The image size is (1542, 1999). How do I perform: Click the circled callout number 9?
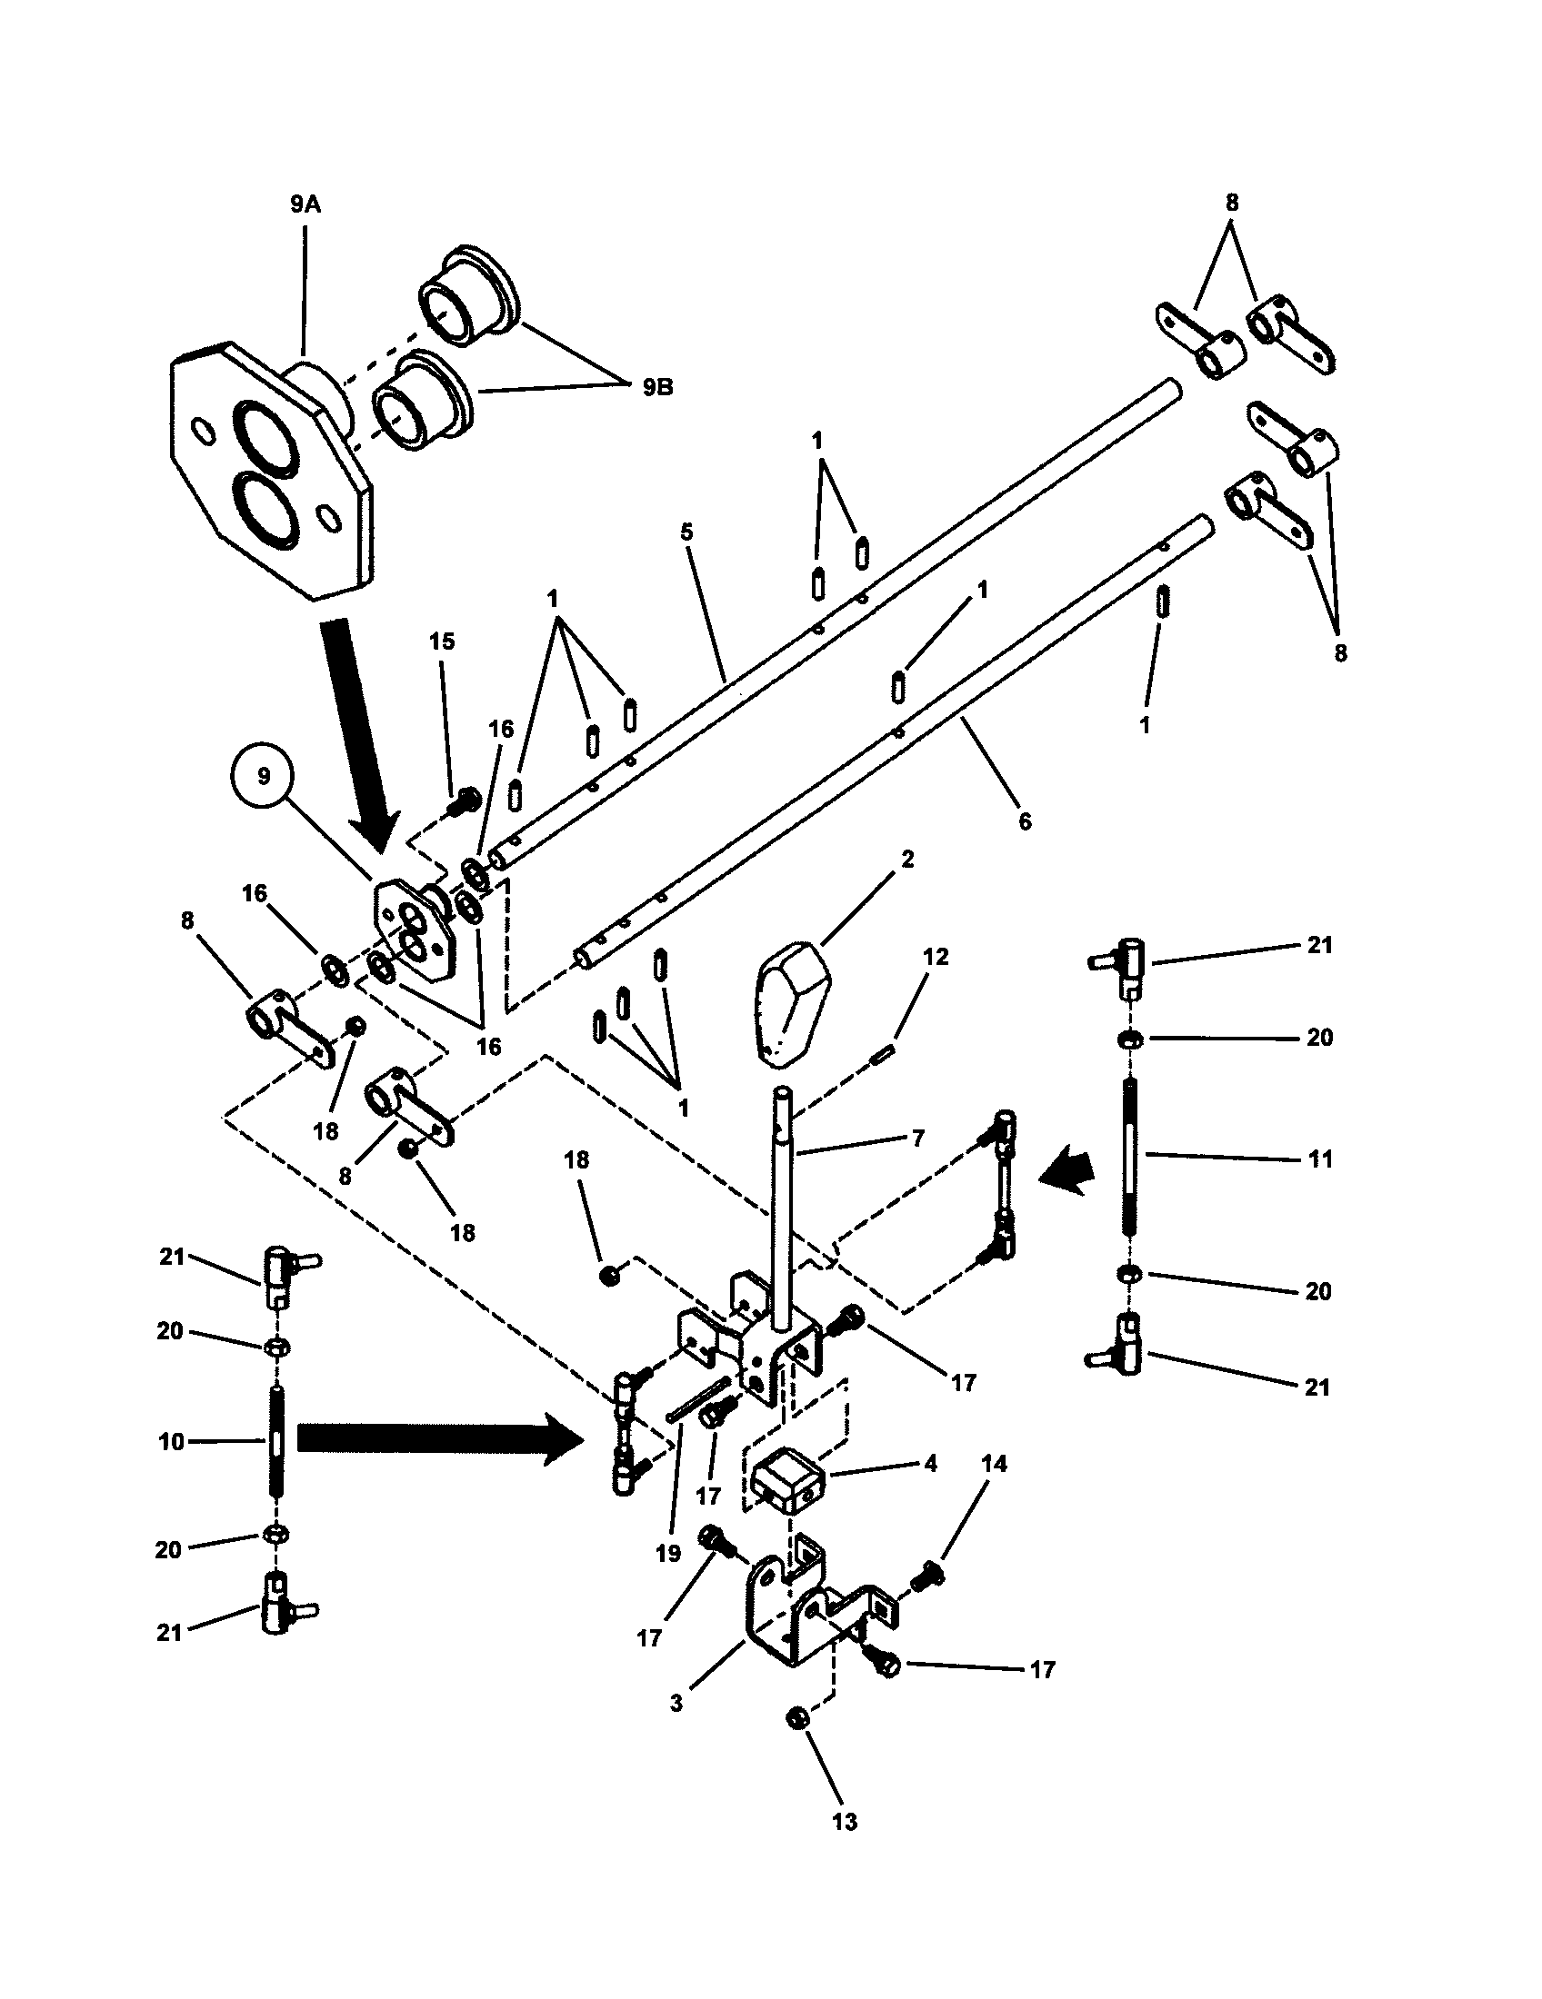pyautogui.click(x=264, y=776)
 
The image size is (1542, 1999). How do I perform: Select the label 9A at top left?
pyautogui.click(x=305, y=204)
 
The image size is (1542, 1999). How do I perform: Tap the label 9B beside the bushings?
pyautogui.click(x=656, y=387)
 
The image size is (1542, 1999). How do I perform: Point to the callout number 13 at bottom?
pyautogui.click(x=845, y=1823)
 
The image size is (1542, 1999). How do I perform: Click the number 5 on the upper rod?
pyautogui.click(x=687, y=532)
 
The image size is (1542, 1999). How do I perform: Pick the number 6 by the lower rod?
pyautogui.click(x=1024, y=821)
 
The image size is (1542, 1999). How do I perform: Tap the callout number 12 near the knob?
pyautogui.click(x=935, y=957)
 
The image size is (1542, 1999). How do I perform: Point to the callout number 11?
pyautogui.click(x=1319, y=1159)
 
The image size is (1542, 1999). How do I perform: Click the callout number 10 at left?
pyautogui.click(x=171, y=1443)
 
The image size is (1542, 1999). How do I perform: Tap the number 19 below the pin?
pyautogui.click(x=668, y=1553)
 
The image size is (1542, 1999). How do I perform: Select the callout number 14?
pyautogui.click(x=994, y=1464)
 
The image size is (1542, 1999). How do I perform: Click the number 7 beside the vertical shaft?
pyautogui.click(x=917, y=1138)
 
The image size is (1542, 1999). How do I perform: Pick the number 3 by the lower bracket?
pyautogui.click(x=676, y=1704)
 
